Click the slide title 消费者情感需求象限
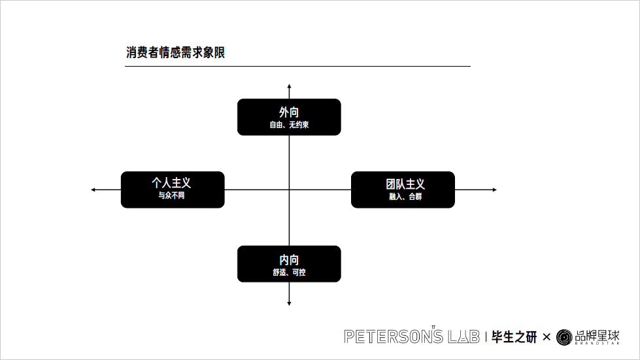point(175,53)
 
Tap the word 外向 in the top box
point(289,112)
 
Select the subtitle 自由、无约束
point(289,125)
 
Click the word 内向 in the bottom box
point(289,259)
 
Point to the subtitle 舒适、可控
point(289,272)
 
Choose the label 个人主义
point(171,184)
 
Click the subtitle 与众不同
point(171,196)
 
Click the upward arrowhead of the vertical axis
point(289,86)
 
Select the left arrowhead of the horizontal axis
point(93,189)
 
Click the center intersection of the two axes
point(289,189)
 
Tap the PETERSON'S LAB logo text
point(413,336)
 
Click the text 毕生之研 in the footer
point(514,337)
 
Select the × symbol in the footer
point(547,337)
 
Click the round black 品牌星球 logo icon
point(564,337)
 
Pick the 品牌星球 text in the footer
point(597,336)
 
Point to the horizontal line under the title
point(297,66)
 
